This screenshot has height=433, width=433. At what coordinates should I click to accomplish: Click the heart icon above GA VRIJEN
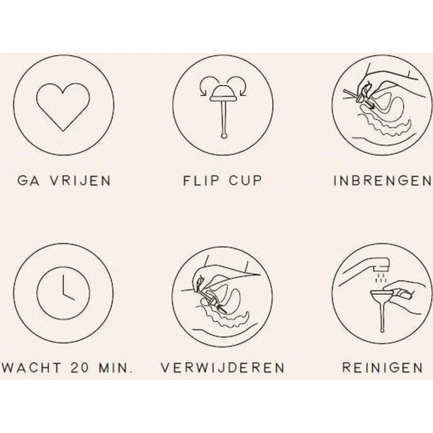click(63, 105)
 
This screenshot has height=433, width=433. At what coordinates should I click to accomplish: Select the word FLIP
click(198, 181)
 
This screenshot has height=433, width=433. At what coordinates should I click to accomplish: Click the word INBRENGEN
click(383, 181)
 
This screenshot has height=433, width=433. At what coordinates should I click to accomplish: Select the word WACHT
click(32, 368)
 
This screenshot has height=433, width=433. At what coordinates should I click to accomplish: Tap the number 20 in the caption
click(81, 368)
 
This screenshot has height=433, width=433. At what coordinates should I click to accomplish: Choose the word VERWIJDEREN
click(223, 368)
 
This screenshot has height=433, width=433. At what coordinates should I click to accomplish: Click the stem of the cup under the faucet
click(381, 318)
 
